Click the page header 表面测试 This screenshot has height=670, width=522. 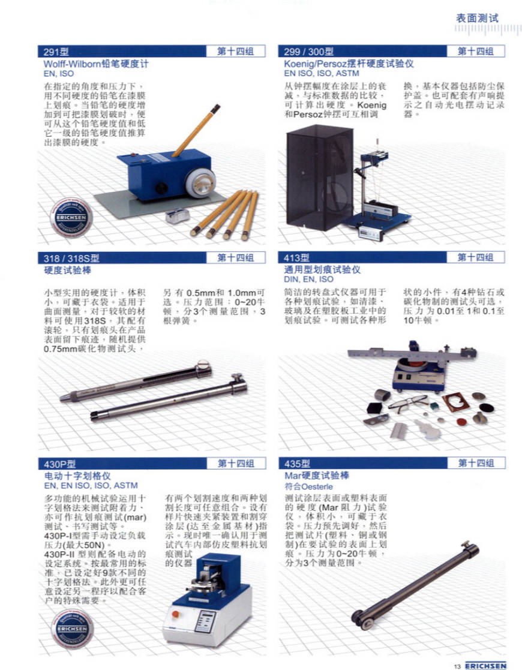[476, 19]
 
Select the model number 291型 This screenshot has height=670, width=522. [56, 52]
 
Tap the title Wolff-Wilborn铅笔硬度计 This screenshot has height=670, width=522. [96, 64]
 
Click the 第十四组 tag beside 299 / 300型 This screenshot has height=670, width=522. [476, 51]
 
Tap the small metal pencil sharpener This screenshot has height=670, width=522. [178, 216]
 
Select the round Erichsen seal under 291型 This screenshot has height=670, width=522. [71, 218]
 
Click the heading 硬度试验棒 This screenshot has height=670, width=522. [68, 270]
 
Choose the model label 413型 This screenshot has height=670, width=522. [296, 258]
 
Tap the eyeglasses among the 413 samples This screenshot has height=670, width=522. [408, 402]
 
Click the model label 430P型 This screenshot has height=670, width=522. [60, 464]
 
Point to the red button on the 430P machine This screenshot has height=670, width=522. [175, 614]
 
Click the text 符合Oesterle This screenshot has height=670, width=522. [308, 486]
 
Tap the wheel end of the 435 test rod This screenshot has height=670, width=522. [363, 619]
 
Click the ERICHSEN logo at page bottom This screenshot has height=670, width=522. [485, 666]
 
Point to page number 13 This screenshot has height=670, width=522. [457, 666]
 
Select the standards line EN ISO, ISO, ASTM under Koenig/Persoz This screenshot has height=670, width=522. [322, 74]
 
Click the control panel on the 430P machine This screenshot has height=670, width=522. [204, 620]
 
